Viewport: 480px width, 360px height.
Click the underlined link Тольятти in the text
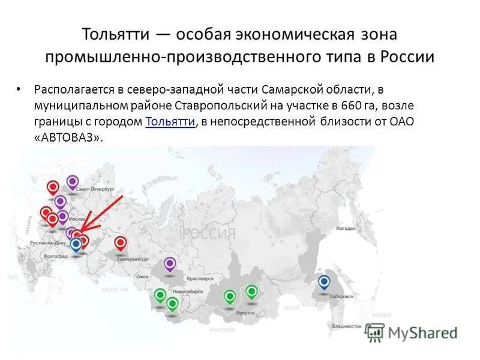click(x=170, y=121)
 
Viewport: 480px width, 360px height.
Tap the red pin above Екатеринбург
click(x=121, y=243)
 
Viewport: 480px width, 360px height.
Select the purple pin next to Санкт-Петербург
click(x=73, y=182)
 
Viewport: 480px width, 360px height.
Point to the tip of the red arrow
click(x=80, y=230)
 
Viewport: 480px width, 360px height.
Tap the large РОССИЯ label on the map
click(x=208, y=233)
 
